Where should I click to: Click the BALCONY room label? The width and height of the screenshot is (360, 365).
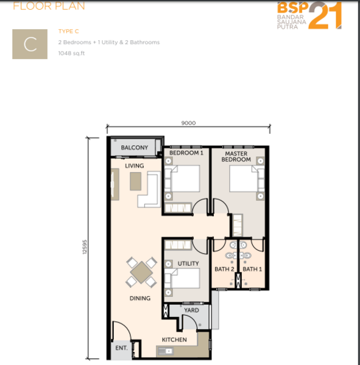(x=134, y=148)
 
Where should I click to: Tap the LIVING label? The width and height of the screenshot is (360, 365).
(x=134, y=165)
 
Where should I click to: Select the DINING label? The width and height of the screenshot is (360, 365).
(x=140, y=298)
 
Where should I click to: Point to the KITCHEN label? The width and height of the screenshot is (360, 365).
(x=174, y=339)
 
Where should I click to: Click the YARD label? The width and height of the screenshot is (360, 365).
(x=192, y=310)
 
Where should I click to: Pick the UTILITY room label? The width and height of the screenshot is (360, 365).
(x=188, y=263)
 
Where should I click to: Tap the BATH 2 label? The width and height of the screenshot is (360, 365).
(x=224, y=269)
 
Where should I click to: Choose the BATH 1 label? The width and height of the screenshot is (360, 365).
(x=252, y=269)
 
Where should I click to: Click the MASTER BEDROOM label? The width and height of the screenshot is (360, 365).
(x=236, y=156)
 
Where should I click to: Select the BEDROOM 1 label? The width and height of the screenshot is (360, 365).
(x=186, y=153)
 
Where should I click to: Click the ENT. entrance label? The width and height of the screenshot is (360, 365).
(x=121, y=348)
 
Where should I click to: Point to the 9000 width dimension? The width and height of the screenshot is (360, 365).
(x=188, y=123)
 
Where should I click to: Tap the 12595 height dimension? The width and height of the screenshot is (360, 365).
(x=85, y=247)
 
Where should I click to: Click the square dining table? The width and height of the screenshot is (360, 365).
(x=141, y=272)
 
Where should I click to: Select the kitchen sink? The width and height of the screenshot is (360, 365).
(x=165, y=351)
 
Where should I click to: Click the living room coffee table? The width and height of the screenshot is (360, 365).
(x=135, y=181)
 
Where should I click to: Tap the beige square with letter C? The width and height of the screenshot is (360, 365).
(x=30, y=44)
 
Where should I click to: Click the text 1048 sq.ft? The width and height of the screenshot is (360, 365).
(x=71, y=54)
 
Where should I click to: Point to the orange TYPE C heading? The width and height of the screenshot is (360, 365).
(x=69, y=31)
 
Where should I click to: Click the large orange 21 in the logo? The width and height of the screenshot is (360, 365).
(x=325, y=15)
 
